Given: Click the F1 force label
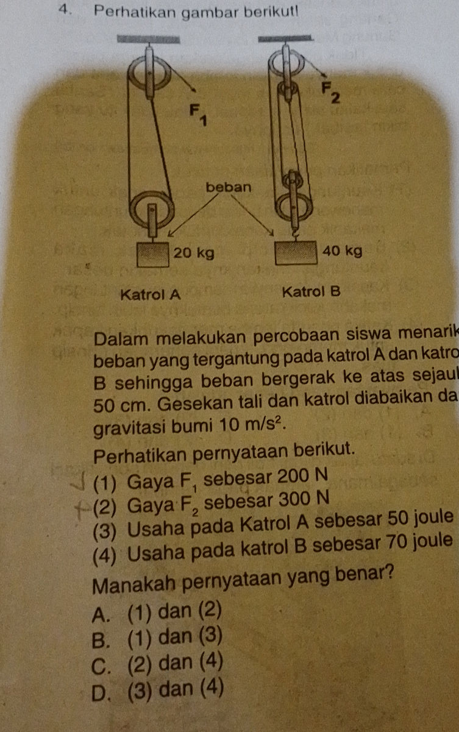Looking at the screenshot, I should pos(196,114).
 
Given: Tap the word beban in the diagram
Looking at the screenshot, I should pos(229,185).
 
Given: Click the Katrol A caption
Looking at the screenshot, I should pos(151,295).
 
